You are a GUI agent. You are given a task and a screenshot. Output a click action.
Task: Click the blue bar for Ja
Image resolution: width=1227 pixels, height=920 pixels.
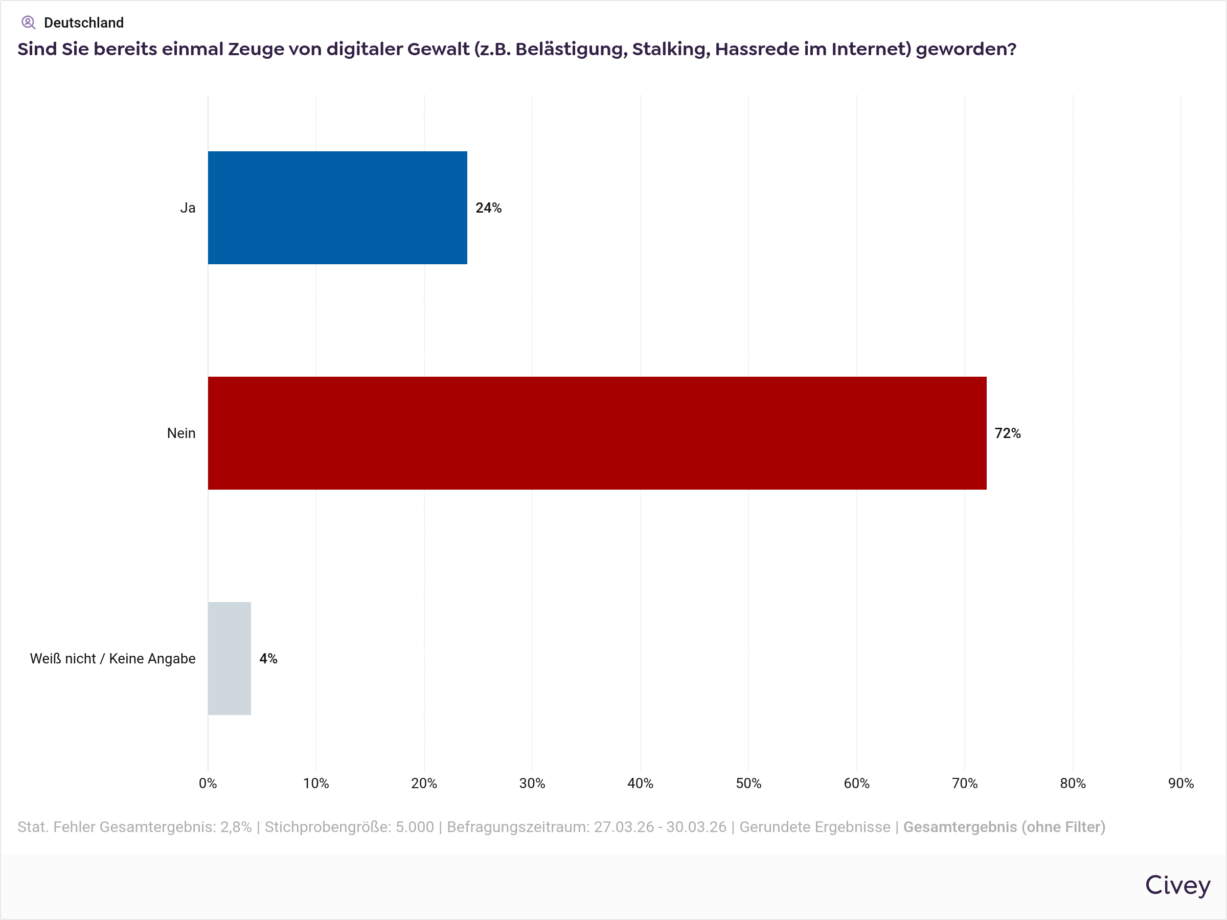(x=337, y=208)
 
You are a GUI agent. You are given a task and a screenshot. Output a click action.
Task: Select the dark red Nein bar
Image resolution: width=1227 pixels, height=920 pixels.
(x=597, y=432)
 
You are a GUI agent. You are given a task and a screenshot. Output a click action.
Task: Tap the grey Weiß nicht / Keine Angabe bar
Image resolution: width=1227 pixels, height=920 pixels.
(x=229, y=658)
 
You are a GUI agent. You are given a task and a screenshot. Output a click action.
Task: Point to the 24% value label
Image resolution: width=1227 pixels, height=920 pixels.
(x=488, y=208)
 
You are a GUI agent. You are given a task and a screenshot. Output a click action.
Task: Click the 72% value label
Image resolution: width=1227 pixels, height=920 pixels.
(x=1007, y=433)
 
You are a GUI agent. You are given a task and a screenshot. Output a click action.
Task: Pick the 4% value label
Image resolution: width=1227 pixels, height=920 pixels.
(x=268, y=658)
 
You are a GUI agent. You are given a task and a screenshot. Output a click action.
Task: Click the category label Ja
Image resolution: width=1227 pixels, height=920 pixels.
(x=188, y=208)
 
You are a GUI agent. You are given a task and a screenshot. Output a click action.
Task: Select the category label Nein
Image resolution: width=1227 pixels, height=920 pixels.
(x=181, y=433)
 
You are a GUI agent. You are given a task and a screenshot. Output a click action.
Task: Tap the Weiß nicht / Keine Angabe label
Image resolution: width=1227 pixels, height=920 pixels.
(x=112, y=658)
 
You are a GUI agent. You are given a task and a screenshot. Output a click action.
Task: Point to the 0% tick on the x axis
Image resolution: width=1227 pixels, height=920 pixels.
(x=208, y=783)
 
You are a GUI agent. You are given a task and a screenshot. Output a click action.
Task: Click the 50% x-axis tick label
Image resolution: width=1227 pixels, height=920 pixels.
(x=748, y=783)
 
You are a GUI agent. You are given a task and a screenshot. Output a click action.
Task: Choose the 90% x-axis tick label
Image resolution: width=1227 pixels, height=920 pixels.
(x=1180, y=783)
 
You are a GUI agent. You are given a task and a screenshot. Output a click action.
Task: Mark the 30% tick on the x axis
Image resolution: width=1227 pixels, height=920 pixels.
(x=532, y=783)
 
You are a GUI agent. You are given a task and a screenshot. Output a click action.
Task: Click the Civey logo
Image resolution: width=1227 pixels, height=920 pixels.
(x=1177, y=885)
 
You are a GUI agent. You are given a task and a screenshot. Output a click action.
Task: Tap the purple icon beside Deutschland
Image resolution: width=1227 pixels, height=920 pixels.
(x=28, y=22)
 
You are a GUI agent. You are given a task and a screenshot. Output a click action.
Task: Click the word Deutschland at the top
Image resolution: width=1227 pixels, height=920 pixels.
(x=84, y=22)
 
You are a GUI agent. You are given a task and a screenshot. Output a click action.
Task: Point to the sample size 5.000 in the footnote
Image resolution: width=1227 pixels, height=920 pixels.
(x=414, y=827)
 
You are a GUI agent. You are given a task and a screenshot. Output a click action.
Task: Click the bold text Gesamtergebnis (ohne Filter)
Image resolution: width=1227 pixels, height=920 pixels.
(x=1004, y=827)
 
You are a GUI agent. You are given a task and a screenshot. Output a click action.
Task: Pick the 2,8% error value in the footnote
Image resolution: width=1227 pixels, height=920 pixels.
(x=236, y=827)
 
